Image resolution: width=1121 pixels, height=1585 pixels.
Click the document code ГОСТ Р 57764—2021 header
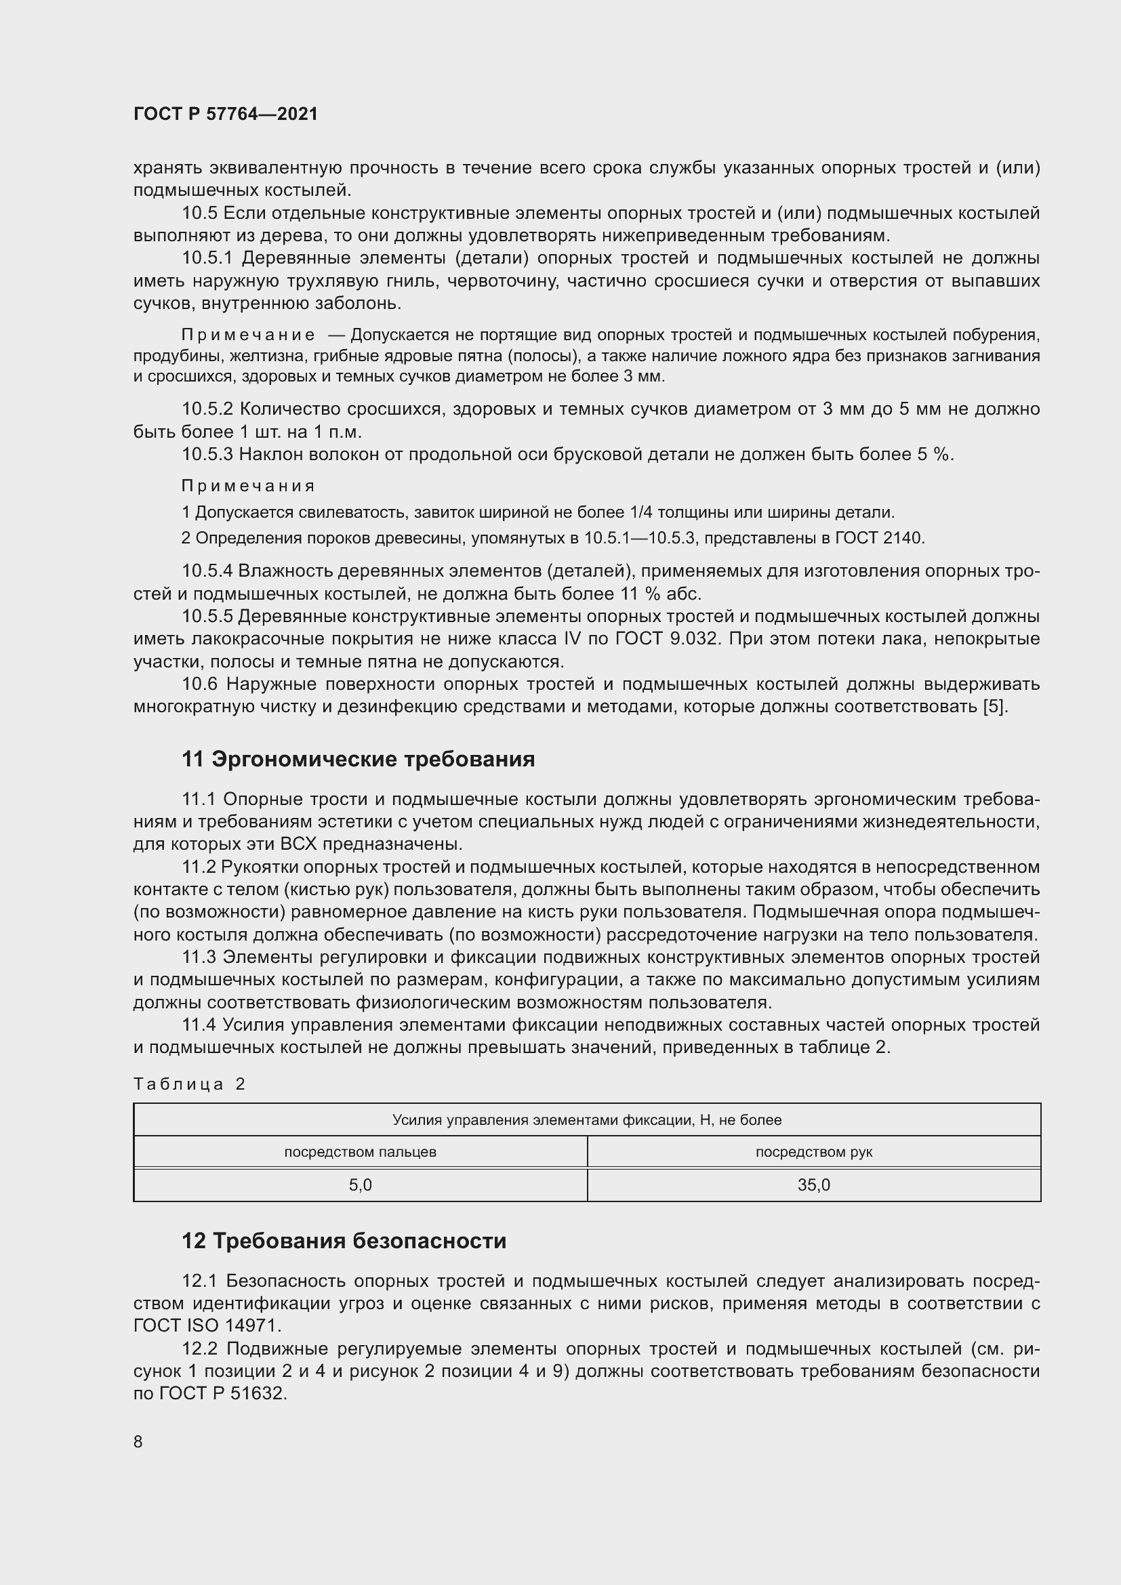[226, 115]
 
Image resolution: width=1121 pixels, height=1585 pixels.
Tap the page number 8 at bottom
[138, 1441]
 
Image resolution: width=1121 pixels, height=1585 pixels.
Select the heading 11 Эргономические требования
[359, 760]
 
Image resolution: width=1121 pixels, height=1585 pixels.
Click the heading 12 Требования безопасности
[344, 1241]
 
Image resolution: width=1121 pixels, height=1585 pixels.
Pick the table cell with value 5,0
[361, 1185]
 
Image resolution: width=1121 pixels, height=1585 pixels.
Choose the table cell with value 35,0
[814, 1185]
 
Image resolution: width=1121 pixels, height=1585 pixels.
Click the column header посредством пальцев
[361, 1151]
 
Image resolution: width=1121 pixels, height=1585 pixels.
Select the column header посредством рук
[814, 1151]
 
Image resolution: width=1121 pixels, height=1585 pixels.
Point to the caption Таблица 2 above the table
[190, 1084]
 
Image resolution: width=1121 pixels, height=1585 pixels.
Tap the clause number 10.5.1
[209, 258]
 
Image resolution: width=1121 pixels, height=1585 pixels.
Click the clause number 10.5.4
[209, 571]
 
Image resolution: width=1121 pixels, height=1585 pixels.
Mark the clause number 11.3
[199, 958]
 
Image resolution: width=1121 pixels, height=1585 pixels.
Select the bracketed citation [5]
[995, 707]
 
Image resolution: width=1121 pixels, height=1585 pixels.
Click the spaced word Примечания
[248, 486]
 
